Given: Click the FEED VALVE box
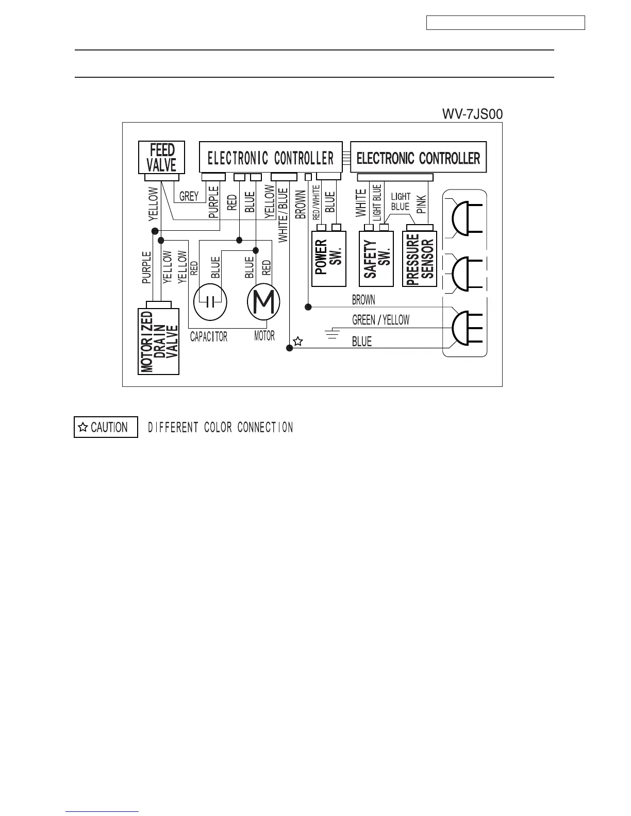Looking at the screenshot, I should (161, 158).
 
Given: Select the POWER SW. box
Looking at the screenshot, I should (328, 259).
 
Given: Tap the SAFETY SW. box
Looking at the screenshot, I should (376, 259).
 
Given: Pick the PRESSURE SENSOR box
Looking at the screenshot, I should (419, 259).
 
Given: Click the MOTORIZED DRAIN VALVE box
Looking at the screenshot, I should (159, 342).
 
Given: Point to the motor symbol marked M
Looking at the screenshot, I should (263, 302).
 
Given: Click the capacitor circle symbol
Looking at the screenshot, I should (210, 302).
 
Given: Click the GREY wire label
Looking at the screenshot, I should (189, 196).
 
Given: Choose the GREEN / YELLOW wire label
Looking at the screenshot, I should (380, 320).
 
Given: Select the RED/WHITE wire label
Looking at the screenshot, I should (317, 203).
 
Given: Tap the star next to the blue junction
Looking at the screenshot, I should (297, 341).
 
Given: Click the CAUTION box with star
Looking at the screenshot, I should (106, 427).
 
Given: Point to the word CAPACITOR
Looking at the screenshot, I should (208, 337).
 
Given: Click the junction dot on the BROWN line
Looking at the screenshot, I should (308, 307).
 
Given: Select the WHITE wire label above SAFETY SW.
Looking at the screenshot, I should (361, 202).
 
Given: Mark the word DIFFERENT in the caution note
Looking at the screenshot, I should (173, 428).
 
